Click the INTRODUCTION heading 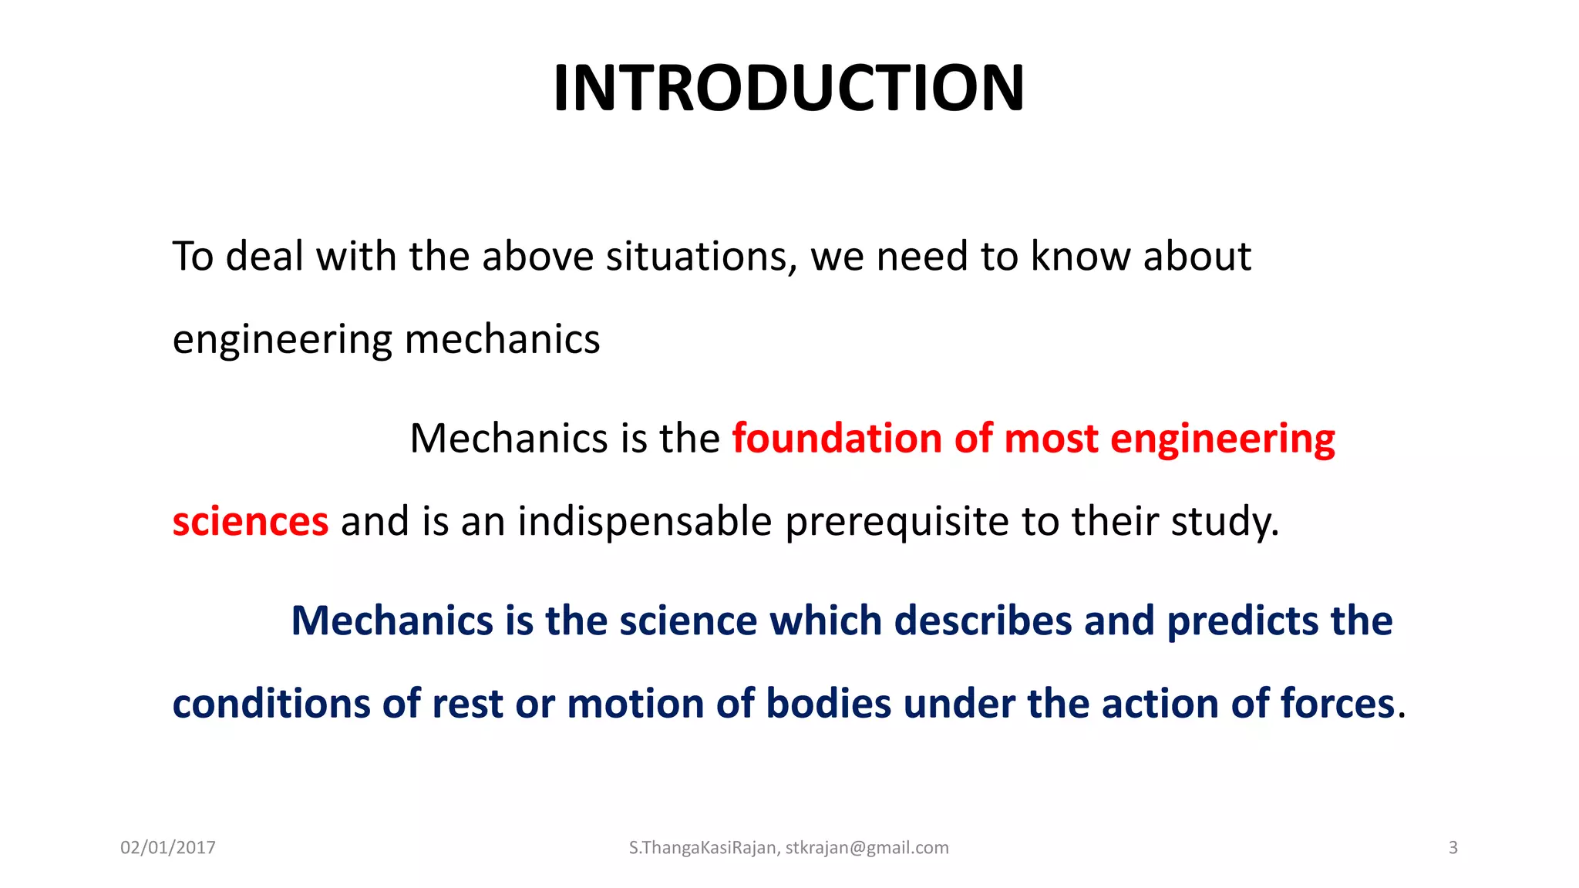click(x=789, y=88)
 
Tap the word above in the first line click(x=537, y=256)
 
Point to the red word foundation click(x=837, y=438)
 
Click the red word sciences click(x=251, y=522)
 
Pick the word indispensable click(x=645, y=522)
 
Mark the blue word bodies click(x=828, y=704)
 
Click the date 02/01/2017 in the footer click(x=168, y=848)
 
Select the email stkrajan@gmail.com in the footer click(x=867, y=848)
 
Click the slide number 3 click(x=1453, y=848)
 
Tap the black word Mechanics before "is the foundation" click(x=509, y=438)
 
